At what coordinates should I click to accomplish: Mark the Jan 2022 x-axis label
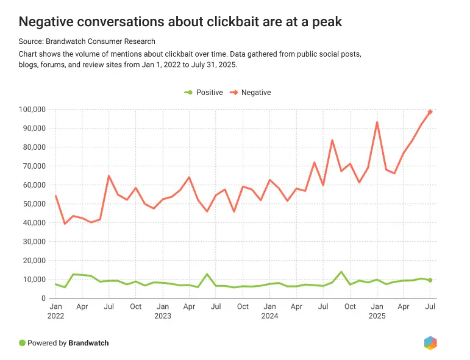(x=55, y=311)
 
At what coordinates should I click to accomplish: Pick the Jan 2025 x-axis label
(x=377, y=311)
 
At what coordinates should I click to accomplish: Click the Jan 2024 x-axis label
(x=269, y=311)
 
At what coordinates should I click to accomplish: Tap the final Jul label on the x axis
(x=430, y=306)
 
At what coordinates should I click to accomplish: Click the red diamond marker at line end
(x=430, y=112)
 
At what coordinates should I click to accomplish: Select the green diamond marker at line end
(x=430, y=280)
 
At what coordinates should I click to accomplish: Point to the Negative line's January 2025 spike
(x=377, y=122)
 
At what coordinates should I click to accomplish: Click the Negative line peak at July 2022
(x=109, y=176)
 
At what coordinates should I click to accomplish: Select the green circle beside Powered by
(x=23, y=343)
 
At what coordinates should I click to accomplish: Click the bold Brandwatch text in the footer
(x=89, y=343)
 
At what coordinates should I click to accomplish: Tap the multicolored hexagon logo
(x=430, y=343)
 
